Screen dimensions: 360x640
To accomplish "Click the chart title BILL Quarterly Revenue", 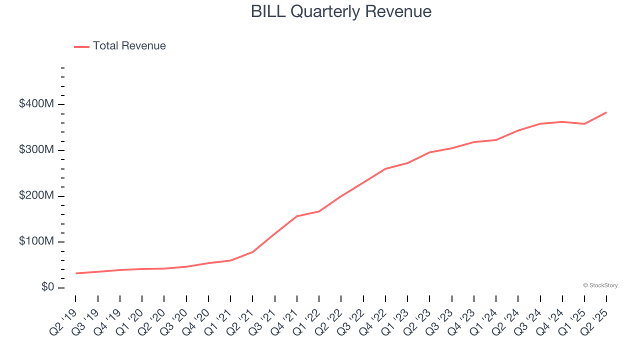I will click(x=341, y=11).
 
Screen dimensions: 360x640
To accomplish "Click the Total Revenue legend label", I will click(x=129, y=46).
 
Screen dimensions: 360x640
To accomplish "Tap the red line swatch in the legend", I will click(x=81, y=46).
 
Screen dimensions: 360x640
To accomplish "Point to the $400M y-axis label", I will click(x=36, y=104).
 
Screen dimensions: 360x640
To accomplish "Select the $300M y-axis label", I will click(x=36, y=150).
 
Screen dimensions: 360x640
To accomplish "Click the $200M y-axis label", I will click(x=36, y=195).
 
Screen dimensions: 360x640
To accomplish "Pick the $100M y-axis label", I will click(x=36, y=241).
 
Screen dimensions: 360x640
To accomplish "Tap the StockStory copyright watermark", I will click(x=600, y=285).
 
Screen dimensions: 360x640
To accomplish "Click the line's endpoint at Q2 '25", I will click(x=606, y=112).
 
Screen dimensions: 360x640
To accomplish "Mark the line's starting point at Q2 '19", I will click(x=76, y=273).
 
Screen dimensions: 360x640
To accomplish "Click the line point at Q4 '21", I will click(x=297, y=216).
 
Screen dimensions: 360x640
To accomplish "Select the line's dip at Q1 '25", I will click(x=584, y=123).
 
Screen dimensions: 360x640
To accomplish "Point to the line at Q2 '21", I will click(x=252, y=251).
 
